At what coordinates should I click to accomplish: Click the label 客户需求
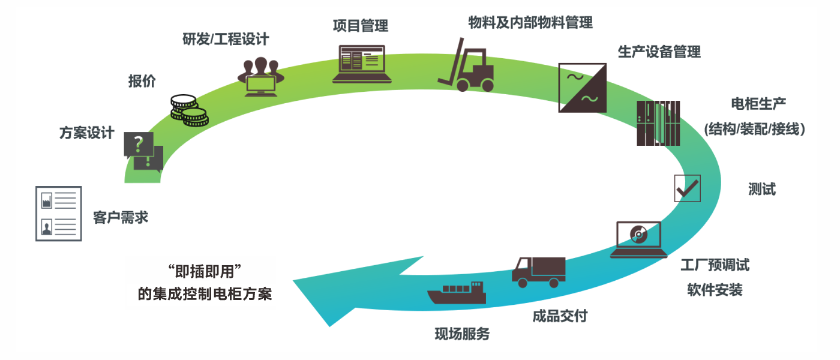point(121,217)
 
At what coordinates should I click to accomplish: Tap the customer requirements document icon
point(59,213)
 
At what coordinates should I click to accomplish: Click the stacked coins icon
point(188,110)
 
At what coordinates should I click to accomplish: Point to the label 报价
point(142,81)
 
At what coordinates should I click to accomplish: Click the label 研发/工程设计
point(226,40)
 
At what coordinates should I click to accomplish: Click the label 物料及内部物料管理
point(530,23)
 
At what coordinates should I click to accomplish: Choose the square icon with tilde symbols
point(582,88)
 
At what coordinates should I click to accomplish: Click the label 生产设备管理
point(659,52)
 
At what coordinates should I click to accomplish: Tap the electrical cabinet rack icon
point(658,123)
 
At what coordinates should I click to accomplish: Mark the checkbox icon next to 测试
point(687,188)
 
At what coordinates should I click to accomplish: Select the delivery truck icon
point(538,272)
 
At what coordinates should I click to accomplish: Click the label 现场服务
point(462,334)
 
